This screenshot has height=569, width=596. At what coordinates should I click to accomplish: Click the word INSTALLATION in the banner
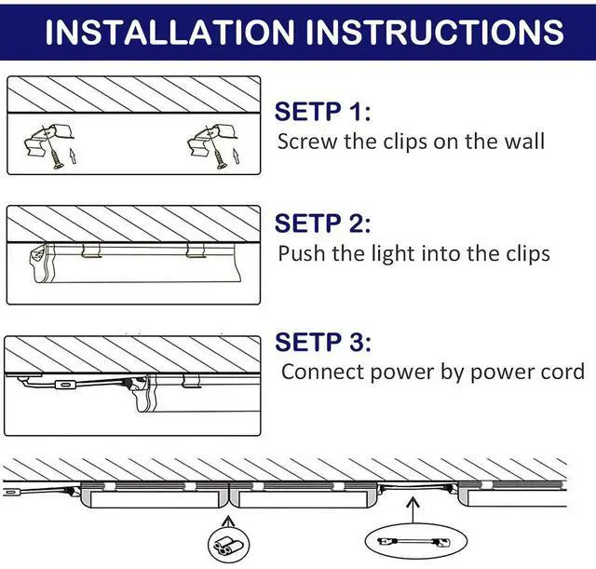(x=169, y=32)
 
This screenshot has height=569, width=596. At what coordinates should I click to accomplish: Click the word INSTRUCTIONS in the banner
(x=435, y=32)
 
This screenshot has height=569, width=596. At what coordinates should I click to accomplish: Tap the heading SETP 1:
(x=322, y=112)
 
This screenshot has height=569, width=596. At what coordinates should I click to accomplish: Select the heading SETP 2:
(x=322, y=224)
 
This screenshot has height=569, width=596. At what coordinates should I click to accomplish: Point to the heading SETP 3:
(x=323, y=342)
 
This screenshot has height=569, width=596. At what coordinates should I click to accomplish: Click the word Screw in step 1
(x=307, y=142)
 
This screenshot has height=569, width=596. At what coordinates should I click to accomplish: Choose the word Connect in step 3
(x=323, y=372)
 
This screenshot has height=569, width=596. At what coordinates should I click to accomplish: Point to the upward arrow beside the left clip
(x=73, y=156)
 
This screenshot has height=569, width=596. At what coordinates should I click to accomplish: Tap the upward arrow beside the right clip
(x=236, y=156)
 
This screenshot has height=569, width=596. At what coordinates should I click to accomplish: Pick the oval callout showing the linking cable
(x=416, y=541)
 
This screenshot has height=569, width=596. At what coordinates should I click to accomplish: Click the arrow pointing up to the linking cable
(x=413, y=510)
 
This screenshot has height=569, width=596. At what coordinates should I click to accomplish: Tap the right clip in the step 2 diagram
(x=196, y=251)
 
